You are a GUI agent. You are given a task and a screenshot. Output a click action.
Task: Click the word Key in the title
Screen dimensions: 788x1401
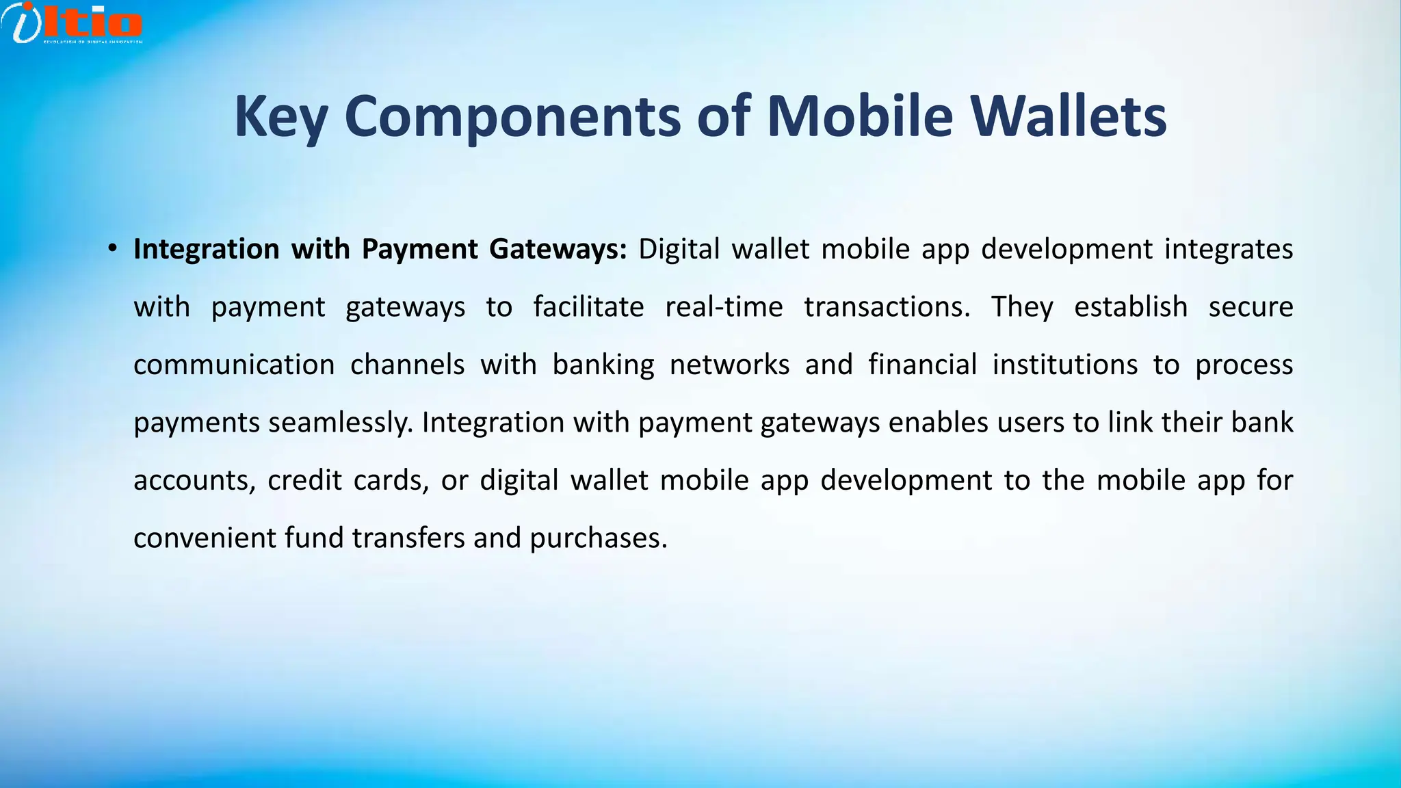point(280,116)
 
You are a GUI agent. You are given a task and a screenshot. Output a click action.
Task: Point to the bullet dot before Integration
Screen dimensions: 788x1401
point(112,249)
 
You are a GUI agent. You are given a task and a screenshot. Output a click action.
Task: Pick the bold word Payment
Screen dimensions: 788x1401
point(419,249)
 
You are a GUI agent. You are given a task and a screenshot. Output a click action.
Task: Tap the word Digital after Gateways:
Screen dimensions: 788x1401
point(679,249)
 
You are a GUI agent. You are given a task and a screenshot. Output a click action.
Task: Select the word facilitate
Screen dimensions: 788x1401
point(588,306)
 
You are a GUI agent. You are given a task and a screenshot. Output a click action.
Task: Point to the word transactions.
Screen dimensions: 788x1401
point(887,306)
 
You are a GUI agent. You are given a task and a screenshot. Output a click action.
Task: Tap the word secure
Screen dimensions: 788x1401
point(1251,306)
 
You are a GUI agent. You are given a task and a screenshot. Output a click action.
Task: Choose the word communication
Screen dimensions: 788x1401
point(234,365)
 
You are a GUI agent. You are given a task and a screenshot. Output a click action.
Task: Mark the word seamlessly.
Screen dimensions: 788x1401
point(341,423)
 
